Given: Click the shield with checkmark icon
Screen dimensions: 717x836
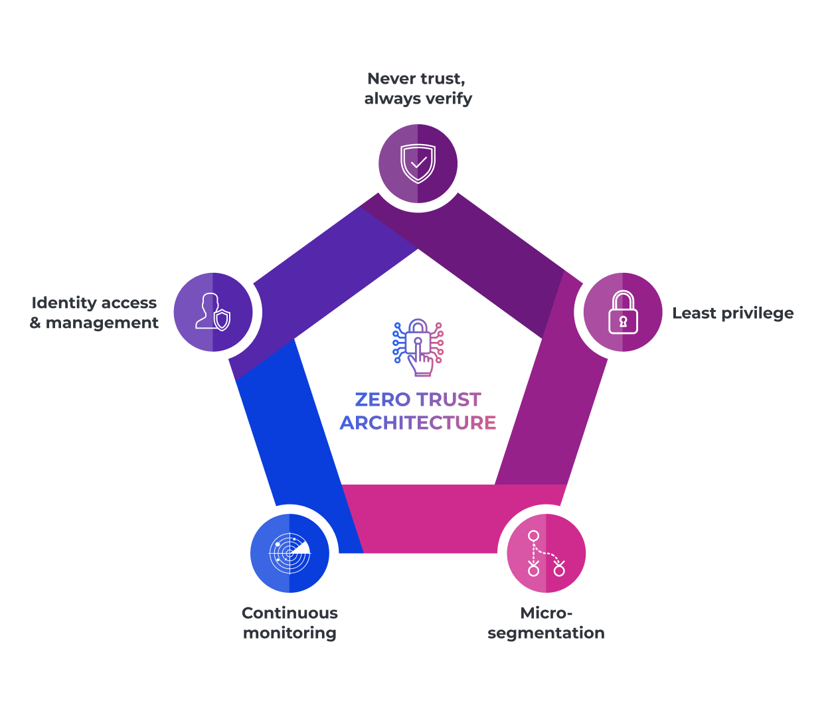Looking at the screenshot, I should pyautogui.click(x=418, y=163).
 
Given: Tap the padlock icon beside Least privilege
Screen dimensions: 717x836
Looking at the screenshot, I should pyautogui.click(x=623, y=312).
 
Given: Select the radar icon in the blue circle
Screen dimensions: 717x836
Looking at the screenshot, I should pyautogui.click(x=290, y=553).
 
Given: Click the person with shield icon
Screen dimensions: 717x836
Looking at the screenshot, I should pyautogui.click(x=213, y=312).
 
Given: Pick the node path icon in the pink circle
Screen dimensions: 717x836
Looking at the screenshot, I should pyautogui.click(x=546, y=553).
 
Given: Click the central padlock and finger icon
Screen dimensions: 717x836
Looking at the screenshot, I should pyautogui.click(x=418, y=347).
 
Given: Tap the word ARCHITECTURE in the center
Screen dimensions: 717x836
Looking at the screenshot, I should pyautogui.click(x=418, y=423).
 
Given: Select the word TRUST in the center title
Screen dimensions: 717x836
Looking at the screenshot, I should pyautogui.click(x=449, y=400).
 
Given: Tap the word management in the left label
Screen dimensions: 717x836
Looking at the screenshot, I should pyautogui.click(x=102, y=323).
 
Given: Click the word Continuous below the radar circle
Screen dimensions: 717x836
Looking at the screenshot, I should pyautogui.click(x=290, y=613).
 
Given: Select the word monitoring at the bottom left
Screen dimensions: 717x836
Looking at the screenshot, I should pyautogui.click(x=290, y=633).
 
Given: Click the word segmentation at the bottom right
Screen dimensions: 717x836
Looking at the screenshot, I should pyautogui.click(x=546, y=633).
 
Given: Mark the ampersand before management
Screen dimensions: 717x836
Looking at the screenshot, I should pyautogui.click(x=35, y=323).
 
